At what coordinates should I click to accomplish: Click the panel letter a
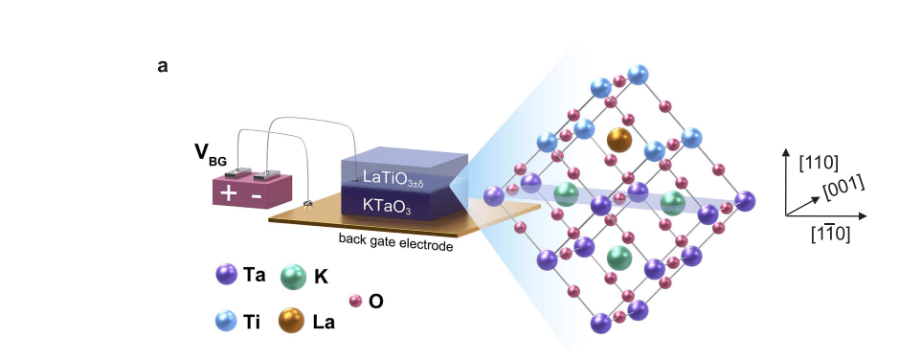163,67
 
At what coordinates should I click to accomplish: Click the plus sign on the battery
229,193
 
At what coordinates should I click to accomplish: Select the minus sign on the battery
257,194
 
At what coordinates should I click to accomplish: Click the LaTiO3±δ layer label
399,177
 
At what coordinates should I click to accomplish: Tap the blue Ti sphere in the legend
227,320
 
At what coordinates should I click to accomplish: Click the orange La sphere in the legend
292,320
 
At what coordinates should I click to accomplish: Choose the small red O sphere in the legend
355,301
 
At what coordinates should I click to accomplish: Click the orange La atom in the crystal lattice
619,139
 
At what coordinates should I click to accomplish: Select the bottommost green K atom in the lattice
619,257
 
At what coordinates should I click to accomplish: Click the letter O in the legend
376,302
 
